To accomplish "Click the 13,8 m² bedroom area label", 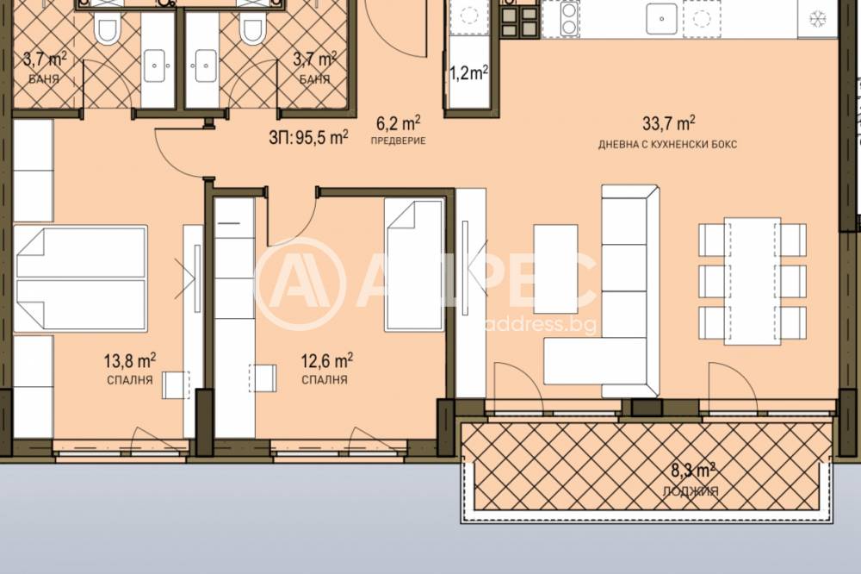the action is pyautogui.click(x=130, y=361).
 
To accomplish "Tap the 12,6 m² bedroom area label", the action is pyautogui.click(x=326, y=361).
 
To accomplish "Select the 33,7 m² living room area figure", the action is pyautogui.click(x=669, y=124).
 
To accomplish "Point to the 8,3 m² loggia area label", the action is pyautogui.click(x=693, y=471).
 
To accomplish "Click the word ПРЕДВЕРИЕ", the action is pyautogui.click(x=398, y=140).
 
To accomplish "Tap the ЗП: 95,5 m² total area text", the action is pyautogui.click(x=308, y=137).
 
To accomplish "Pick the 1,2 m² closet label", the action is pyautogui.click(x=469, y=72).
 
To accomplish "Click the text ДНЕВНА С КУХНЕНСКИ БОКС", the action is pyautogui.click(x=668, y=145).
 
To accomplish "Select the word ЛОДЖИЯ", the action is pyautogui.click(x=691, y=491).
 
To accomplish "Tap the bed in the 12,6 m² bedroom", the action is pyautogui.click(x=414, y=265).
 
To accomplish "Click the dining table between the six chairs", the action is pyautogui.click(x=753, y=281).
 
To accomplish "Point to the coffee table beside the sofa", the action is pyautogui.click(x=555, y=269).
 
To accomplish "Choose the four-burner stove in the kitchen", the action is pyautogui.click(x=519, y=21).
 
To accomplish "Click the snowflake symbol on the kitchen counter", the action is pyautogui.click(x=818, y=19).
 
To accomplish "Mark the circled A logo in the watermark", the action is pyautogui.click(x=300, y=284).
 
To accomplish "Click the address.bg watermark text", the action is pyautogui.click(x=542, y=324).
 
